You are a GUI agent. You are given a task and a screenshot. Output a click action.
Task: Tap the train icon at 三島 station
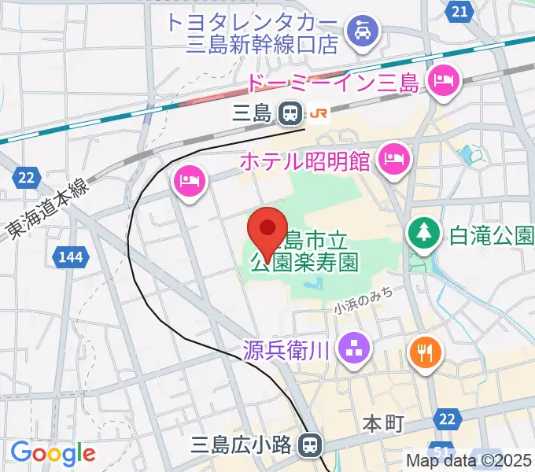pyautogui.click(x=290, y=114)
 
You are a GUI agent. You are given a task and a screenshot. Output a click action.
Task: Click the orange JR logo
pyautogui.click(x=319, y=114)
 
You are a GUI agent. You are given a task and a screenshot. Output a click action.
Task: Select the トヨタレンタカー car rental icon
pyautogui.click(x=365, y=31)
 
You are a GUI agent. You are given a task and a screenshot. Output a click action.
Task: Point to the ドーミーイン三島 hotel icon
pyautogui.click(x=442, y=79)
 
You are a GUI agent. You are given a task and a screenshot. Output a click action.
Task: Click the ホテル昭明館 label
pyautogui.click(x=305, y=161)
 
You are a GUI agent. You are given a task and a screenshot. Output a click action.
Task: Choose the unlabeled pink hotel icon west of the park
pyautogui.click(x=189, y=181)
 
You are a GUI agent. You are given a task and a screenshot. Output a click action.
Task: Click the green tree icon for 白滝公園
pyautogui.click(x=422, y=233)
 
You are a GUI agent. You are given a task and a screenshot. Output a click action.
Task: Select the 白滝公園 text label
pyautogui.click(x=488, y=234)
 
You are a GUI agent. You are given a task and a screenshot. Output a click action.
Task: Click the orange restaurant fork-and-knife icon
pyautogui.click(x=424, y=351)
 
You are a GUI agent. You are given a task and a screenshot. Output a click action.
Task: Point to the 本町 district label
pyautogui.click(x=383, y=424)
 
